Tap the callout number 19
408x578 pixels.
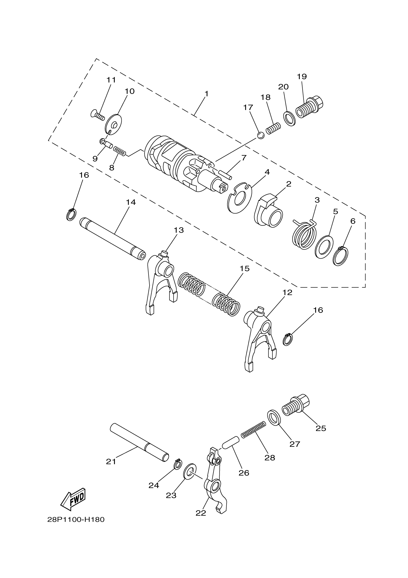[x=302, y=76]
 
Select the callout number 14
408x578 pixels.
[x=131, y=202]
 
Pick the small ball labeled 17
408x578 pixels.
[x=261, y=136]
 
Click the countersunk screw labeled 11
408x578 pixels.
[x=97, y=115]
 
